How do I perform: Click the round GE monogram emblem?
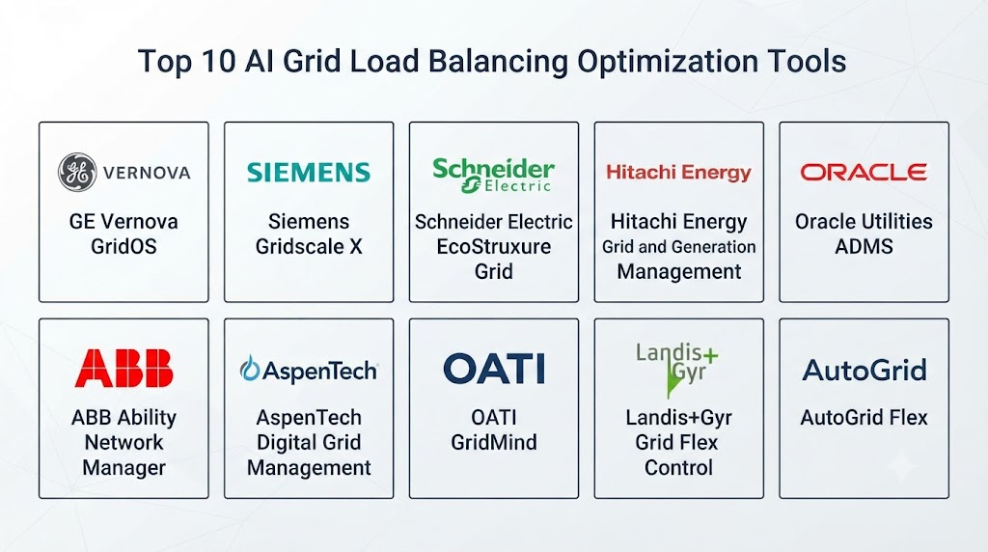click(x=77, y=172)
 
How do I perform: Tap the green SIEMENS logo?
click(x=309, y=172)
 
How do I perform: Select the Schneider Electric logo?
click(x=493, y=175)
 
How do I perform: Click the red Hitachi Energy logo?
click(x=678, y=172)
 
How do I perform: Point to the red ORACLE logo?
click(x=864, y=172)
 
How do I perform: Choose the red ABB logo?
click(x=123, y=368)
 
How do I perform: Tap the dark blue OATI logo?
click(x=494, y=369)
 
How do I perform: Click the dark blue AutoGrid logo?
click(x=864, y=370)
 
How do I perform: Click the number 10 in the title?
click(x=219, y=62)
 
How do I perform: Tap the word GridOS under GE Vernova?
click(x=123, y=246)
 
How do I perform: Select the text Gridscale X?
click(x=309, y=246)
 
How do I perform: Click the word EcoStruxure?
click(x=494, y=246)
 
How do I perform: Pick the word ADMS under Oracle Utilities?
click(x=864, y=246)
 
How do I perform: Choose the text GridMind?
click(x=494, y=442)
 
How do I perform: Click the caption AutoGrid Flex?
click(x=864, y=417)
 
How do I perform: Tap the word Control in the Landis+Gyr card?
click(x=678, y=468)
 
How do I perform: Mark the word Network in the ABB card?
click(x=123, y=442)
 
